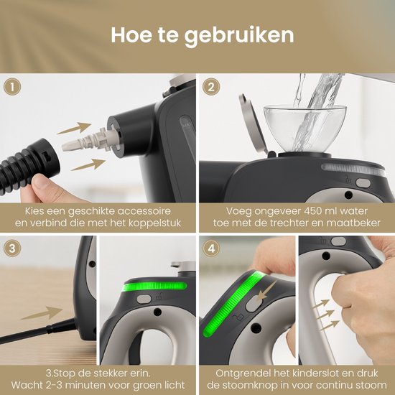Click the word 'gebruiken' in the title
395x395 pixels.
pyautogui.click(x=239, y=36)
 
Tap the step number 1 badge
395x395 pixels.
pyautogui.click(x=12, y=87)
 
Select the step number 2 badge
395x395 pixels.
pyautogui.click(x=211, y=87)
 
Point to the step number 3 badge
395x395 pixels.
pyautogui.click(x=12, y=248)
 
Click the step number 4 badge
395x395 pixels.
pyautogui.click(x=211, y=248)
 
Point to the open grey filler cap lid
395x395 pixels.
pyautogui.click(x=253, y=124)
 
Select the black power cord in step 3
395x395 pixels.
pyautogui.click(x=38, y=331)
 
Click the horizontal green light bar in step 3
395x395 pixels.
pyautogui.click(x=154, y=287)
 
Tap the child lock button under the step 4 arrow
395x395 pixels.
pyautogui.click(x=253, y=304)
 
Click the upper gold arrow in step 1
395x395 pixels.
pyautogui.click(x=74, y=128)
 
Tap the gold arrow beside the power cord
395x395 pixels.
pyautogui.click(x=42, y=313)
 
